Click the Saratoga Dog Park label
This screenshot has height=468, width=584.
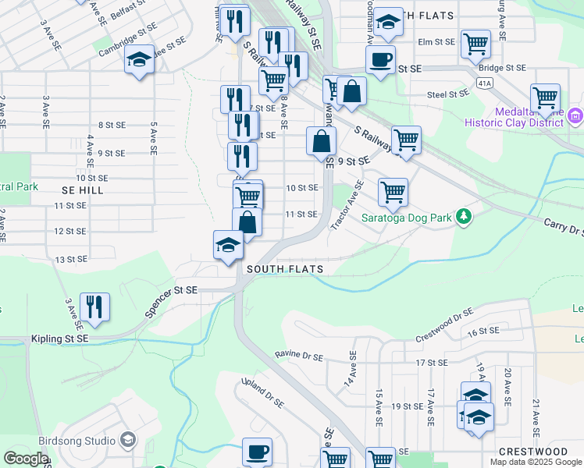point(407,218)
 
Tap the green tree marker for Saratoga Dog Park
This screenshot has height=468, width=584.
point(465,215)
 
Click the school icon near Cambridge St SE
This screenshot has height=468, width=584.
point(139,60)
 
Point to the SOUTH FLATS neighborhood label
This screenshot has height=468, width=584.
point(285,270)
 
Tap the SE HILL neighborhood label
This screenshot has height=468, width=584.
point(83,190)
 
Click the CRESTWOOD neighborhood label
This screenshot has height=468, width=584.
point(533,452)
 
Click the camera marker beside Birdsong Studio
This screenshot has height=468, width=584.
point(127,441)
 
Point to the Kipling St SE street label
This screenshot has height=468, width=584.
point(60,339)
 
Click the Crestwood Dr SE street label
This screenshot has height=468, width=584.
point(444,325)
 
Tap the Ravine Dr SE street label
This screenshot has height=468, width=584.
point(298,356)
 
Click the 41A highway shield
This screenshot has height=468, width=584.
point(485,82)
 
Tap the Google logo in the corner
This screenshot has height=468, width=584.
point(26,459)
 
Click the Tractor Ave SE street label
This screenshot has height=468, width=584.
point(347,205)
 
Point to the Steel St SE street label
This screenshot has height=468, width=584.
point(447,94)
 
